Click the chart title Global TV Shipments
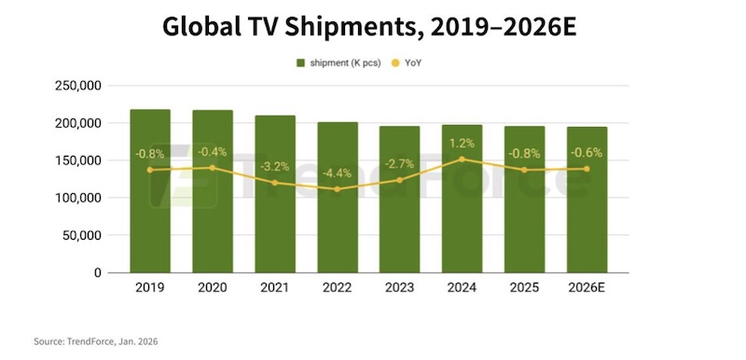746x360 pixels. point(369,25)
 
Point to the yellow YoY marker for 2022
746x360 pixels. point(338,189)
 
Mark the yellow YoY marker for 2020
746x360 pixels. point(213,168)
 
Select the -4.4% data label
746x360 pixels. point(338,173)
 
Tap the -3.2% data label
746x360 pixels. point(275,166)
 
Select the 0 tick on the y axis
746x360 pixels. point(96,273)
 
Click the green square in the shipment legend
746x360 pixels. point(301,62)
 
